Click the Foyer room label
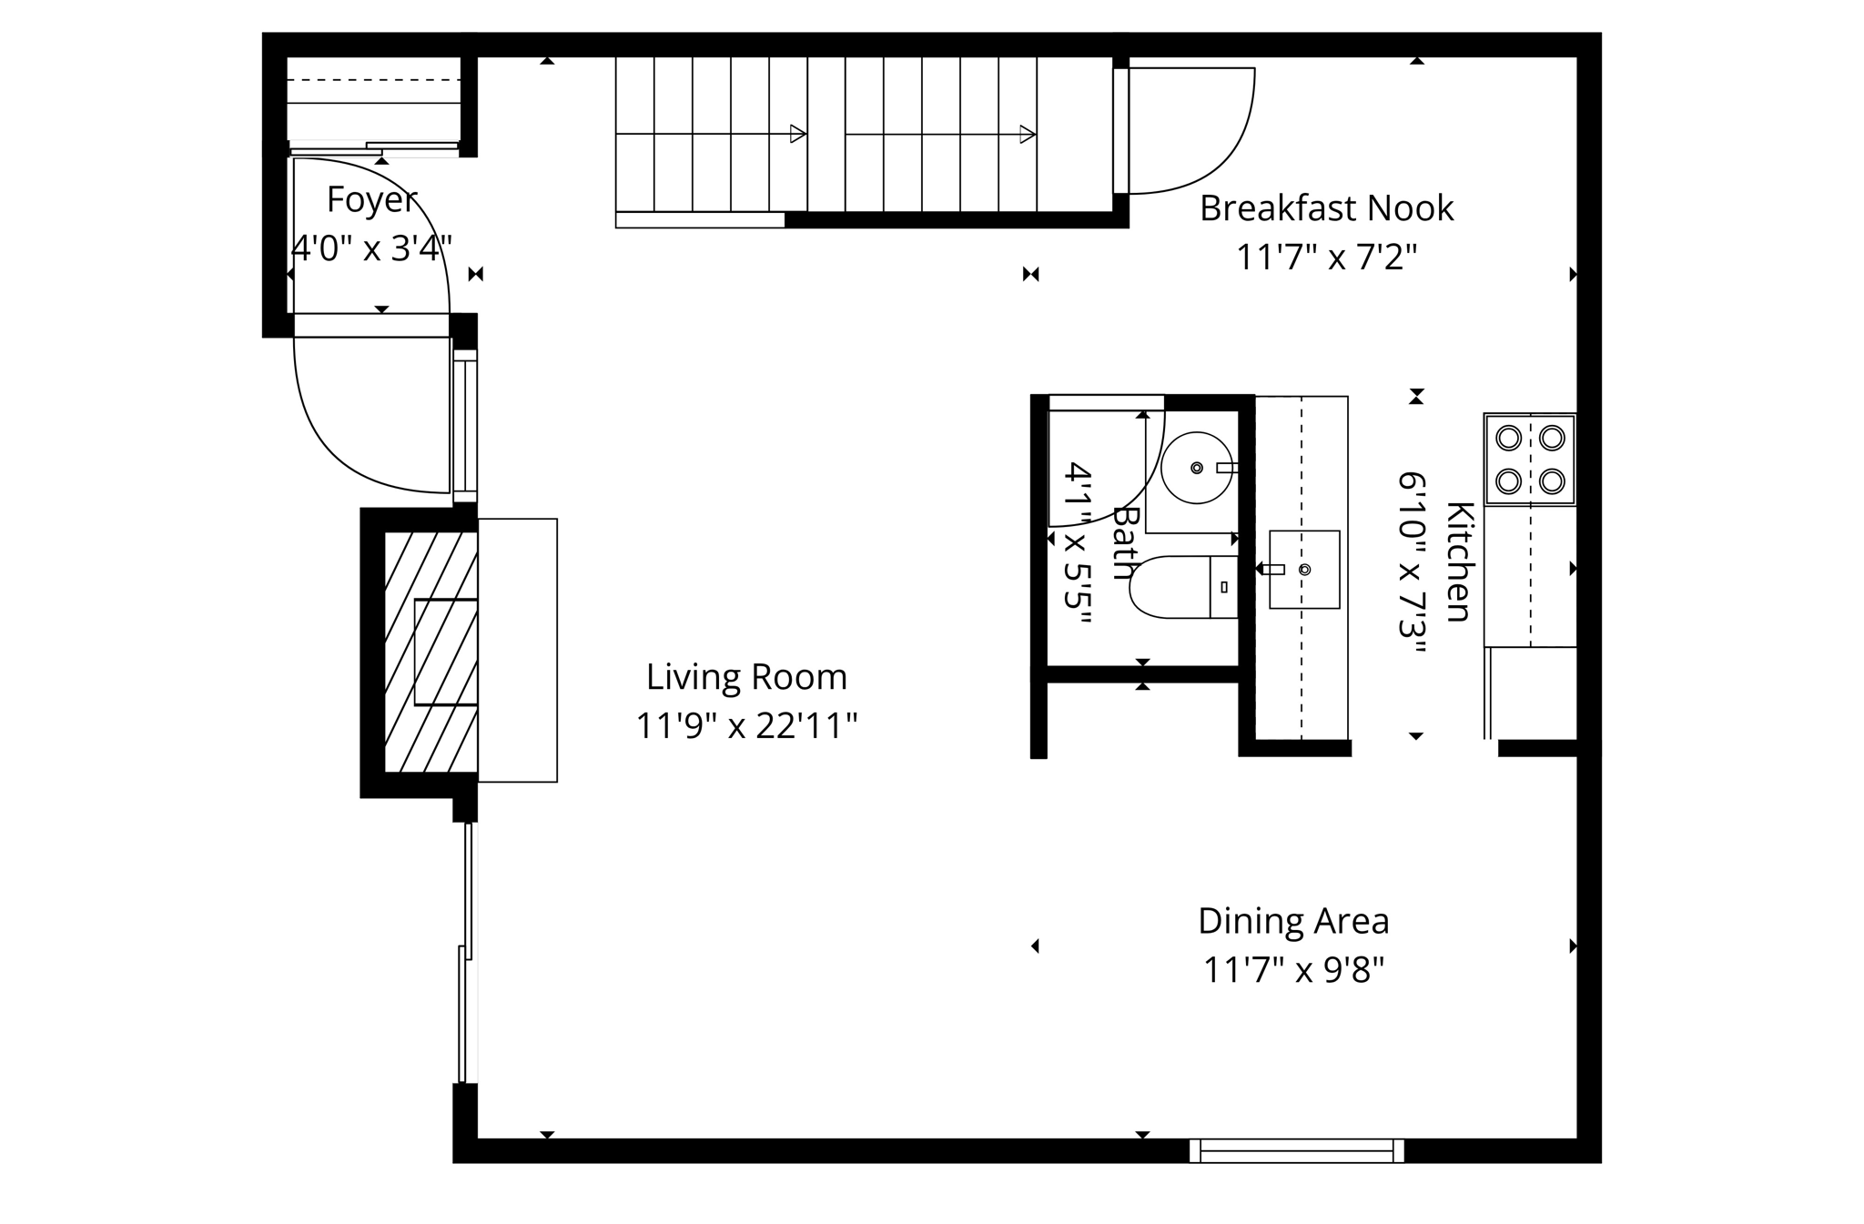tap(371, 199)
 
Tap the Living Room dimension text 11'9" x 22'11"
tap(746, 726)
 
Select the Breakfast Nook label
tap(1326, 208)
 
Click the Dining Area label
tap(1293, 921)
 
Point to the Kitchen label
tap(1459, 561)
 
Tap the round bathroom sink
tap(1196, 468)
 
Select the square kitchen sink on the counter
tap(1304, 570)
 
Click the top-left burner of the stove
tap(1508, 438)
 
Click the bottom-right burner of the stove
tap(1552, 480)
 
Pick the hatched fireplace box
tap(431, 652)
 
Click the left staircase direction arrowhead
tap(797, 135)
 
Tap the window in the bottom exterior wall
tap(1296, 1151)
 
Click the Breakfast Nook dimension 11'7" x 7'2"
tap(1326, 258)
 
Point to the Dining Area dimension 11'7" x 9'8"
tap(1293, 970)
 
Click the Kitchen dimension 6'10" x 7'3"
tap(1412, 561)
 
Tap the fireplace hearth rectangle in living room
tap(517, 650)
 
